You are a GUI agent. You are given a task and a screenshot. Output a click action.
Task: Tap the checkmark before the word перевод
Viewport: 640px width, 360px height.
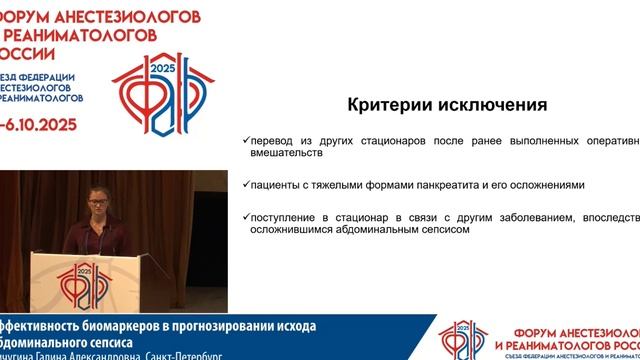[x=246, y=139]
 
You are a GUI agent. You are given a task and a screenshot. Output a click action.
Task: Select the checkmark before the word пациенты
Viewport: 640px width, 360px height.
[x=246, y=184]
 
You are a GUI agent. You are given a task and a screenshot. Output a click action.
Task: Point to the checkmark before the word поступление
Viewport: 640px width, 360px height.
[x=246, y=215]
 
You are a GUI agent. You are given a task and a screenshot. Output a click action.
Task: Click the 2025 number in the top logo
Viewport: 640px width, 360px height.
[x=163, y=67]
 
